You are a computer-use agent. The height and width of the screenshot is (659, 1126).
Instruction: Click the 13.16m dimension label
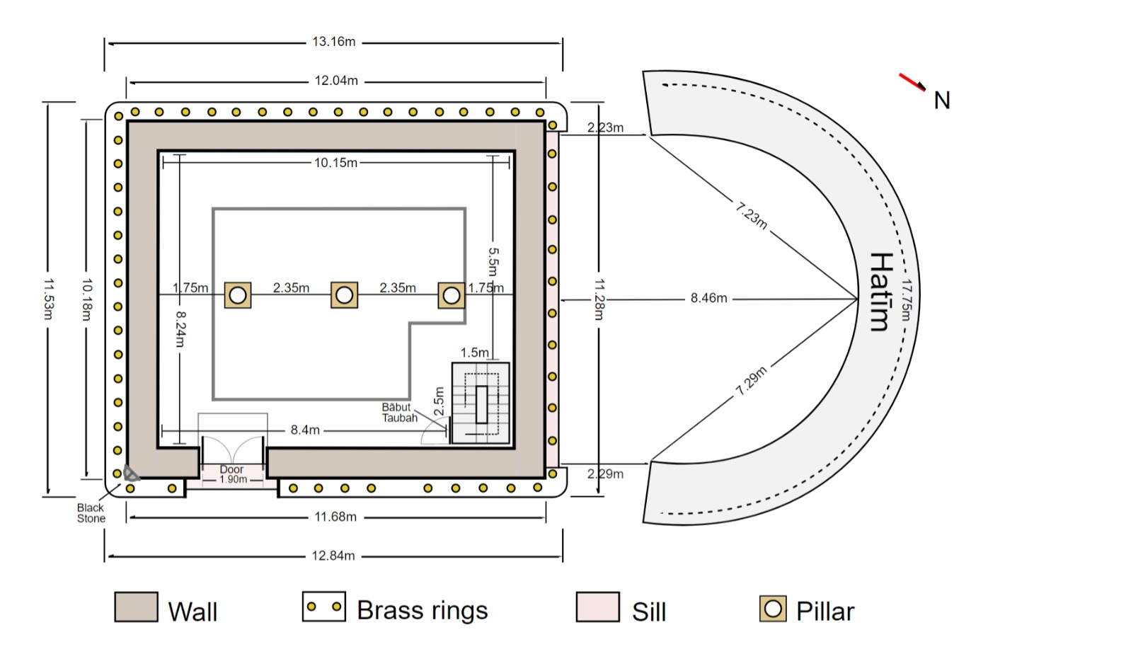pos(334,42)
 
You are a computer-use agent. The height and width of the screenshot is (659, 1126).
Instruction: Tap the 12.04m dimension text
pos(336,81)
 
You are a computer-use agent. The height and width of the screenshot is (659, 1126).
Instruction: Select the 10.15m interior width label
pos(336,163)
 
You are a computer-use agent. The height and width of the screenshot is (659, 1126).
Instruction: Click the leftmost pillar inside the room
pos(238,294)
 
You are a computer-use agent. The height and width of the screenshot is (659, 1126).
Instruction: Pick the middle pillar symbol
pos(344,294)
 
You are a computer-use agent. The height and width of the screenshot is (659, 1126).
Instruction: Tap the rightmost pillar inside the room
pos(451,294)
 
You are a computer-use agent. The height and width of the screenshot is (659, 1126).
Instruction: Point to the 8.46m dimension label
pos(708,298)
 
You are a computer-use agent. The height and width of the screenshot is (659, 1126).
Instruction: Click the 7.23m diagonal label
pos(751,215)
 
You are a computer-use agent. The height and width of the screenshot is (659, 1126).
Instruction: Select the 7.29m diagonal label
pos(751,381)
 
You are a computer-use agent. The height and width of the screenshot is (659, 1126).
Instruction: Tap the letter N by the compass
pos(941,101)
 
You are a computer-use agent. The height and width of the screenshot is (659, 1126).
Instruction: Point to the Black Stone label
pos(91,513)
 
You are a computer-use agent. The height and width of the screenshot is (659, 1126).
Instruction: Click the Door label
pos(231,469)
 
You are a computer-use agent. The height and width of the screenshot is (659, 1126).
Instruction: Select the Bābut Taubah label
pos(399,413)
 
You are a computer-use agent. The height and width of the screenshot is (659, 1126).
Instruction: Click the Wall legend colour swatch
pos(136,607)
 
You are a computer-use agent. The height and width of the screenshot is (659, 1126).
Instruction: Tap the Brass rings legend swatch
pos(323,607)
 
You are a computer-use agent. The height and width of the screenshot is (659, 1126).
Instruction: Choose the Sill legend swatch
pos(597,607)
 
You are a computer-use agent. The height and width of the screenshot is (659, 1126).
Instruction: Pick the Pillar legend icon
pos(773,609)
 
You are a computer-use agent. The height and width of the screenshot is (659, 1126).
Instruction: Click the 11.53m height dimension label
pos(47,299)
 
